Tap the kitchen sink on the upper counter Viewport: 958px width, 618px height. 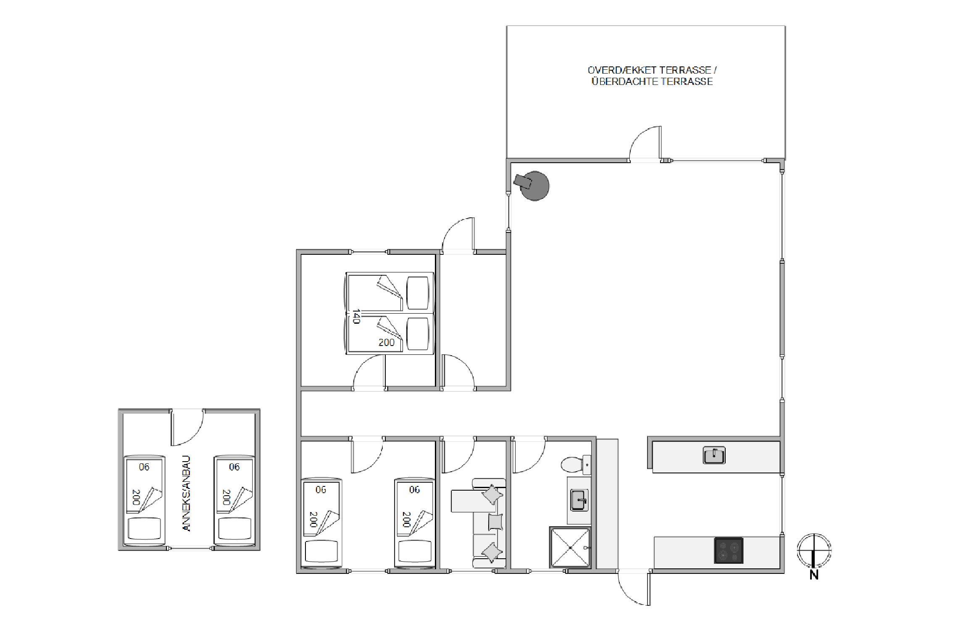[x=714, y=455]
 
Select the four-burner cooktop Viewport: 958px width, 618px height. [x=729, y=550]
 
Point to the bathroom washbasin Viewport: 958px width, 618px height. [x=579, y=500]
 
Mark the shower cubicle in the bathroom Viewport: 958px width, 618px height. [x=570, y=548]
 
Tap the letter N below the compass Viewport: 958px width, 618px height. [x=814, y=575]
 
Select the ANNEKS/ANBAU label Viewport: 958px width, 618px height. [x=187, y=494]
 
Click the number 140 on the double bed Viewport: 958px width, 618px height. [x=356, y=316]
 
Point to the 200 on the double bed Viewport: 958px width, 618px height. [x=387, y=343]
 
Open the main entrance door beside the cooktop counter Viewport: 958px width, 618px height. [x=634, y=588]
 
